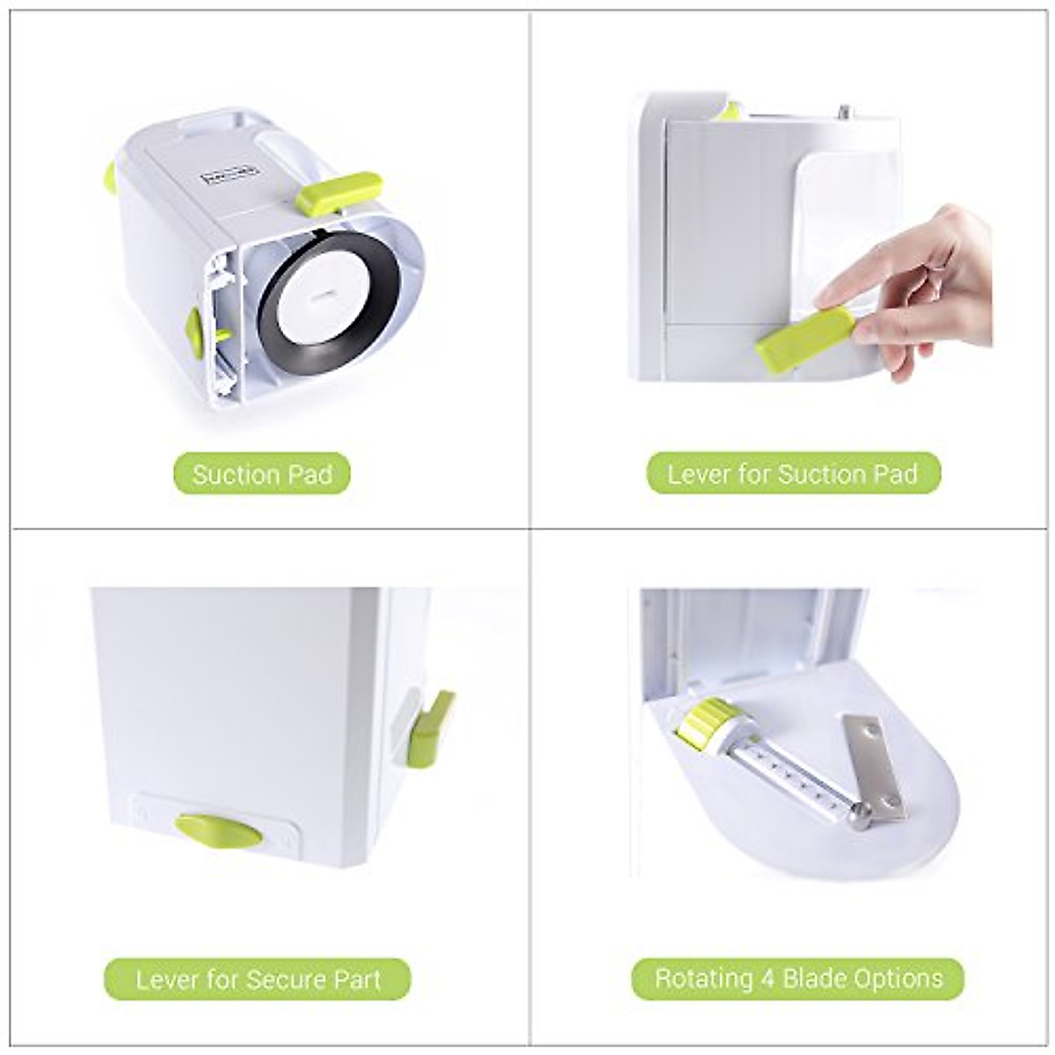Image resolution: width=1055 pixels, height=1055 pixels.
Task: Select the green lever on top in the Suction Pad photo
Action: (338, 193)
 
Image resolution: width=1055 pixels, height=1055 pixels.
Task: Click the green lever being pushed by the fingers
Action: (804, 338)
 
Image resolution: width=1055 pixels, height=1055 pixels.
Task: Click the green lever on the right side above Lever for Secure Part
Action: (431, 725)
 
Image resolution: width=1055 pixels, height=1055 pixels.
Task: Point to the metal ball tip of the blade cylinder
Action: (856, 817)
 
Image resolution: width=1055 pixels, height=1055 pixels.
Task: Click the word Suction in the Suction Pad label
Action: (236, 475)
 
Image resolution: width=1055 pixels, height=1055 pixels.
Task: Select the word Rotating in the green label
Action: (704, 979)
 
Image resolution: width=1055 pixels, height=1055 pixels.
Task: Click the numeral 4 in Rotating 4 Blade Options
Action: (768, 979)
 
